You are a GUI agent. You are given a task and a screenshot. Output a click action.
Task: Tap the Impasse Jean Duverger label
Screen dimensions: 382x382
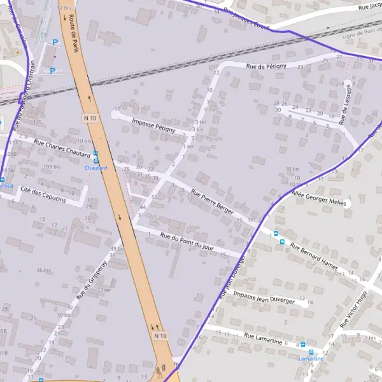[x=264, y=296]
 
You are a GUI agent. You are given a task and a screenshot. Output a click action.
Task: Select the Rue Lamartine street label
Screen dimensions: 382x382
[x=263, y=339]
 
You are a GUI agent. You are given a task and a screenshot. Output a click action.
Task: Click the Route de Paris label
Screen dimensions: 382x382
[x=74, y=33]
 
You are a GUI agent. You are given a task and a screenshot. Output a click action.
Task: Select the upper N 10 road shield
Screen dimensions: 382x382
[x=90, y=118]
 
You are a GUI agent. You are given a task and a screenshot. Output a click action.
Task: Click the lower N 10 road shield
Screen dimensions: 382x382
[x=160, y=335]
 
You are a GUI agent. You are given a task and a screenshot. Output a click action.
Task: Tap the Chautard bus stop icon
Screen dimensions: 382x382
[x=95, y=153]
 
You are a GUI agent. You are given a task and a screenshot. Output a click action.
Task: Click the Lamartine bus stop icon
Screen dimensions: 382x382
[x=311, y=351]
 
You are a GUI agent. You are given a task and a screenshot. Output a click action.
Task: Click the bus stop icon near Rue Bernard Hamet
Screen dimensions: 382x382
[x=276, y=233]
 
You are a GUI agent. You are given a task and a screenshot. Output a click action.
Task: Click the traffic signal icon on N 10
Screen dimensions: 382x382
[x=165, y=369]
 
